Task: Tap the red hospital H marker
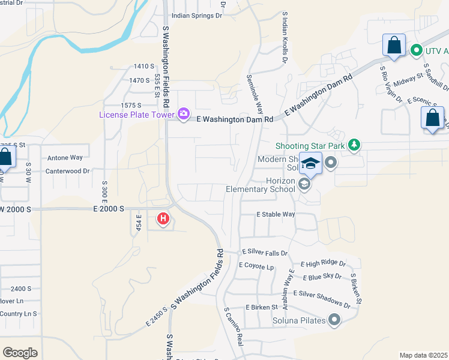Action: (x=163, y=220)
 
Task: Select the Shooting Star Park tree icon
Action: (x=354, y=145)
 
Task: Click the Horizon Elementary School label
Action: (x=261, y=185)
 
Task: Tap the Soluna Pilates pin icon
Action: (x=334, y=321)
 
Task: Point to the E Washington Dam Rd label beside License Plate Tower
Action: (x=235, y=119)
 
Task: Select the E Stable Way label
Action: (x=276, y=214)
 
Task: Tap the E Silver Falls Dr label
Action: (x=265, y=253)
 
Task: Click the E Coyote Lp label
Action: (x=256, y=265)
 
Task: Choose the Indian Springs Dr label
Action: (x=196, y=16)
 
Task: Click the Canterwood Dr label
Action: (x=69, y=171)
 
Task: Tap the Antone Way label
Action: (x=65, y=158)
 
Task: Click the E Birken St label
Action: (x=261, y=307)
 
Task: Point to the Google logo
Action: (x=20, y=353)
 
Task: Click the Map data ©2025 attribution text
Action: (x=424, y=355)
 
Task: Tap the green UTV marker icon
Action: (x=415, y=51)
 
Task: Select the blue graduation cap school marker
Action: (x=311, y=163)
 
